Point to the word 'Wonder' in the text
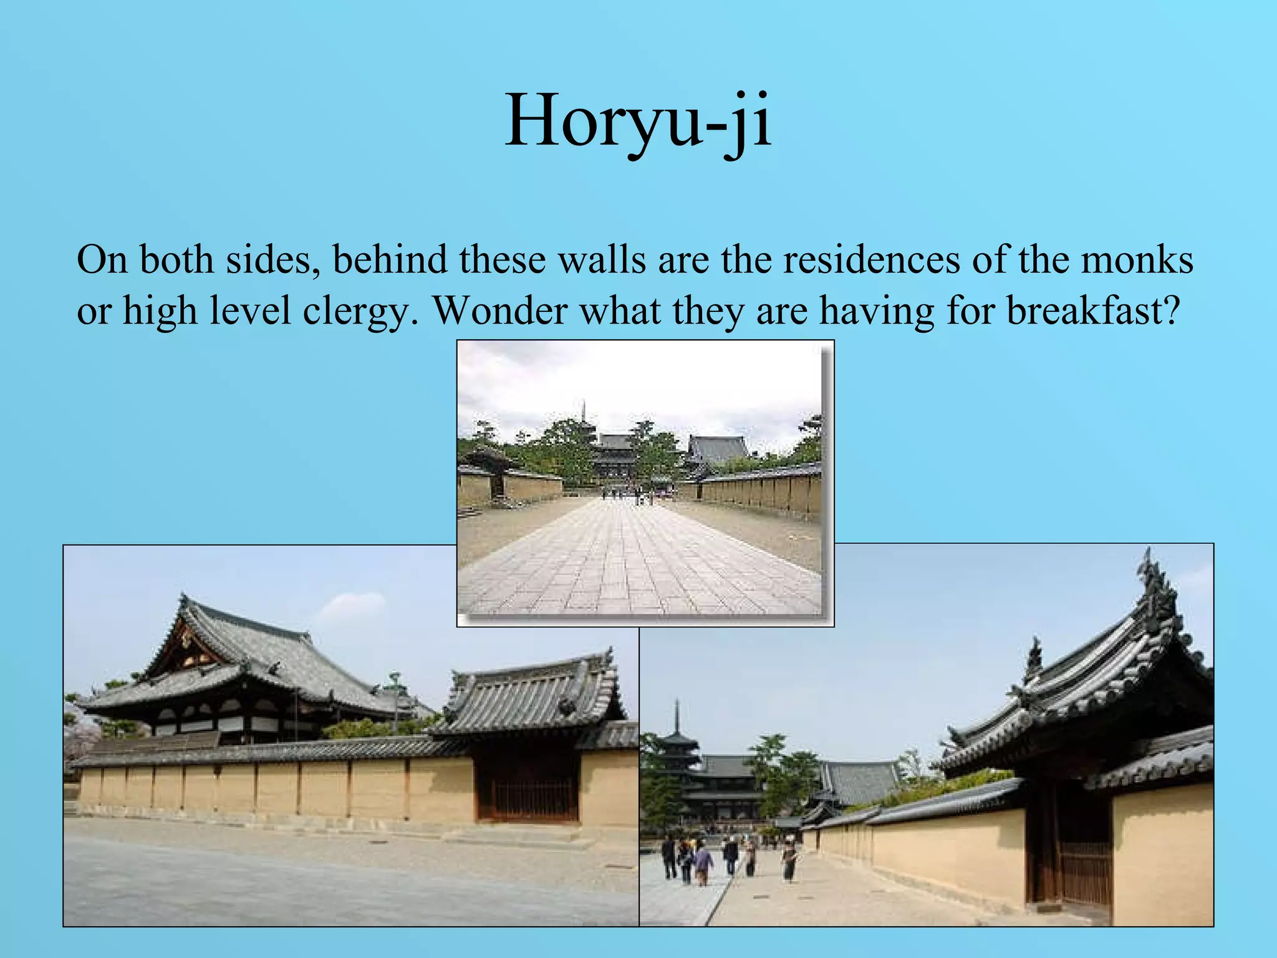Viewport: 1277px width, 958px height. point(499,310)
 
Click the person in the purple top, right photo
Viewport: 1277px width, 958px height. point(703,864)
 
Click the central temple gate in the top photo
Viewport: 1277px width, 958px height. point(614,462)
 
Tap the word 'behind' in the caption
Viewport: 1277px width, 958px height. point(390,259)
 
